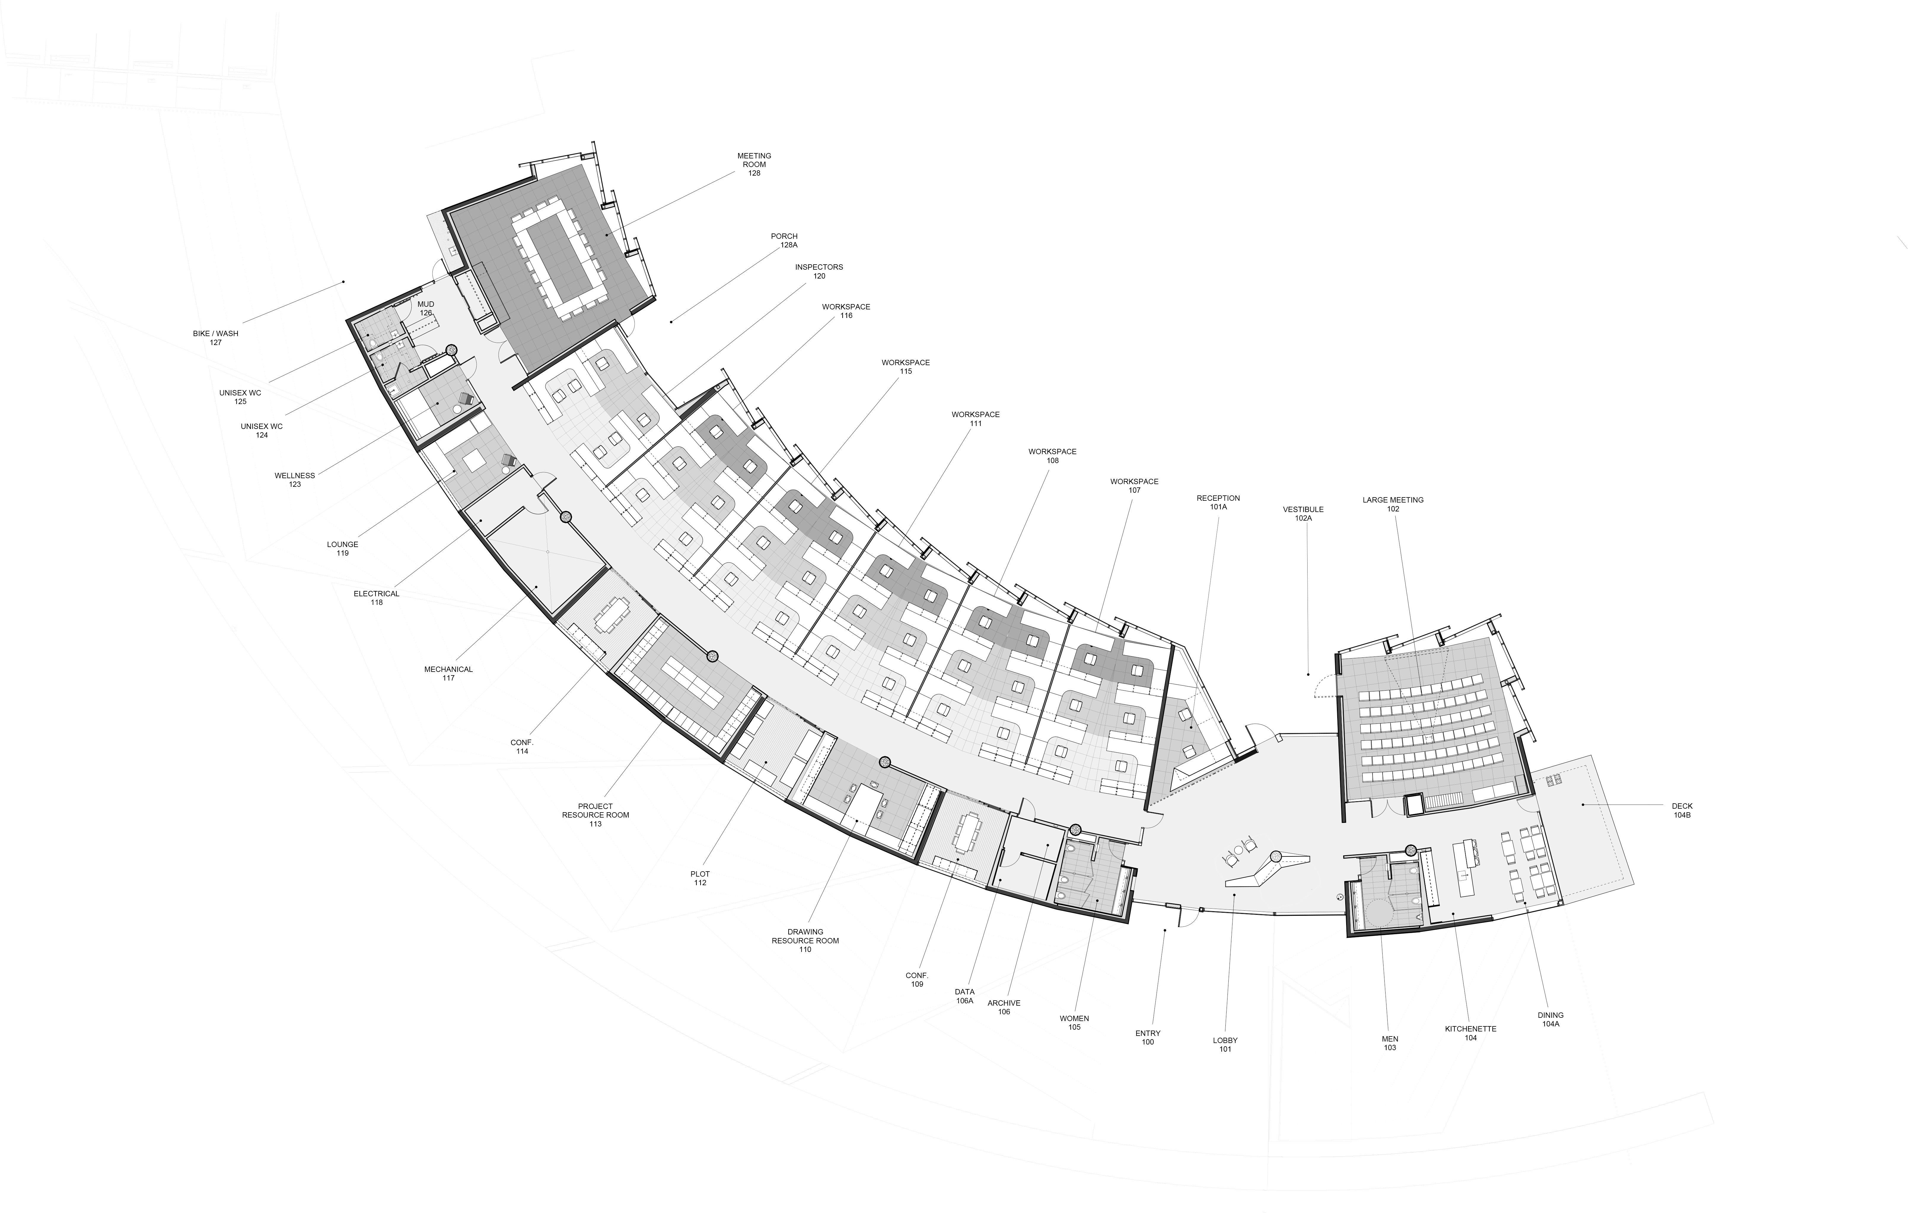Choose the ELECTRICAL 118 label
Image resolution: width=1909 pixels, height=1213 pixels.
point(377,598)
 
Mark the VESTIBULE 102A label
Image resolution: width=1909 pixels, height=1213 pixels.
point(1303,514)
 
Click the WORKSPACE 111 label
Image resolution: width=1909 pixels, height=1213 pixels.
point(976,419)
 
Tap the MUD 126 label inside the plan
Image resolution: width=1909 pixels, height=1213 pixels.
point(426,309)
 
